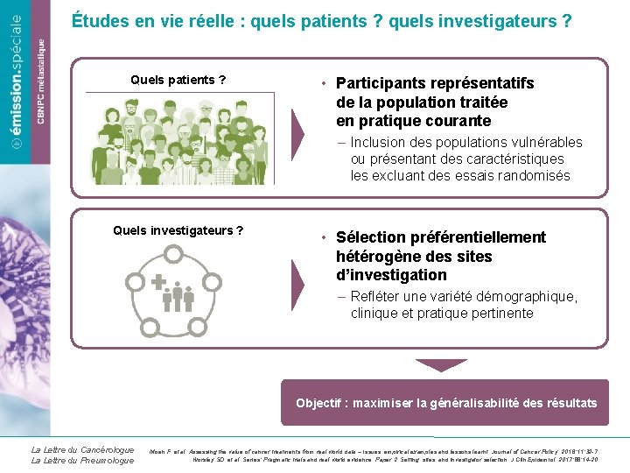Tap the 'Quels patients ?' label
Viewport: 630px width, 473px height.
coord(178,81)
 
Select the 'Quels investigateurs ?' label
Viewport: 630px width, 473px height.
coord(178,230)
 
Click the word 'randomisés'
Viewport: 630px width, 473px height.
coord(535,175)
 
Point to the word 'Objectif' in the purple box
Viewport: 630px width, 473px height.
coord(320,403)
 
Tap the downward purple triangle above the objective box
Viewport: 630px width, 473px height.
coord(441,364)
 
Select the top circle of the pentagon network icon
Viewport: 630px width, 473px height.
coord(173,254)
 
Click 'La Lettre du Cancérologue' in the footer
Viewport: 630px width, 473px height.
coord(82,450)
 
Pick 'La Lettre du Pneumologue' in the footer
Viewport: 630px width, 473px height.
coord(82,461)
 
